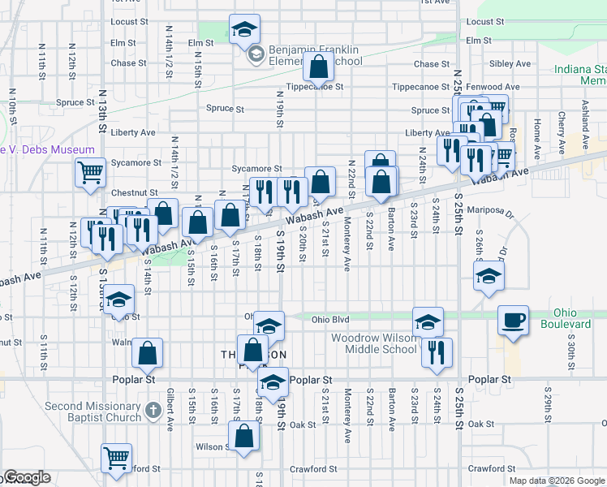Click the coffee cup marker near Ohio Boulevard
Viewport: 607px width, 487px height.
(512, 320)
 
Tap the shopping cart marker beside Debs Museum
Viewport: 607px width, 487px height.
(90, 172)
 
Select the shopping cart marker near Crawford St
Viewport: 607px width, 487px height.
(116, 457)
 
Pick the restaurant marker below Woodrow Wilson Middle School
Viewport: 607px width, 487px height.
(437, 351)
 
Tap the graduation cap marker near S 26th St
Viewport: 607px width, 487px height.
(489, 275)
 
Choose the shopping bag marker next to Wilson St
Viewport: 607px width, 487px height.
(243, 436)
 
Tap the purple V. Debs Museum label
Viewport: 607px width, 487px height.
(47, 150)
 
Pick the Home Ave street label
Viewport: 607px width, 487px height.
(536, 127)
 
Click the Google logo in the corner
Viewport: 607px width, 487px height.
(26, 478)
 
